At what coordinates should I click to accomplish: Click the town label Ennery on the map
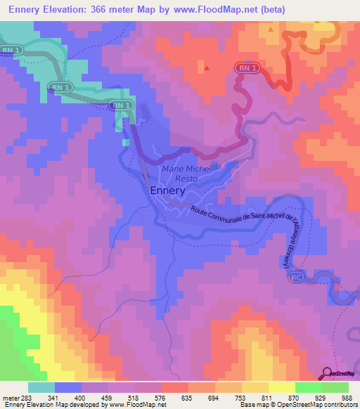[x=167, y=190]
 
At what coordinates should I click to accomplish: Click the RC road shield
[x=296, y=278]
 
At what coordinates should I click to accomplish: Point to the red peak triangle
[x=207, y=68]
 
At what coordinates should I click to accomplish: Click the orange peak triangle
[x=271, y=30]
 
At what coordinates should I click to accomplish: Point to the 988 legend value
[x=348, y=397]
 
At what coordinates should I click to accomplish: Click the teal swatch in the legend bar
[x=41, y=387]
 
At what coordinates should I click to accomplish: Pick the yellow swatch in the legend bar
[x=281, y=387]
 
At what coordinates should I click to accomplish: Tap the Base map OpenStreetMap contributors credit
[x=295, y=405]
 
